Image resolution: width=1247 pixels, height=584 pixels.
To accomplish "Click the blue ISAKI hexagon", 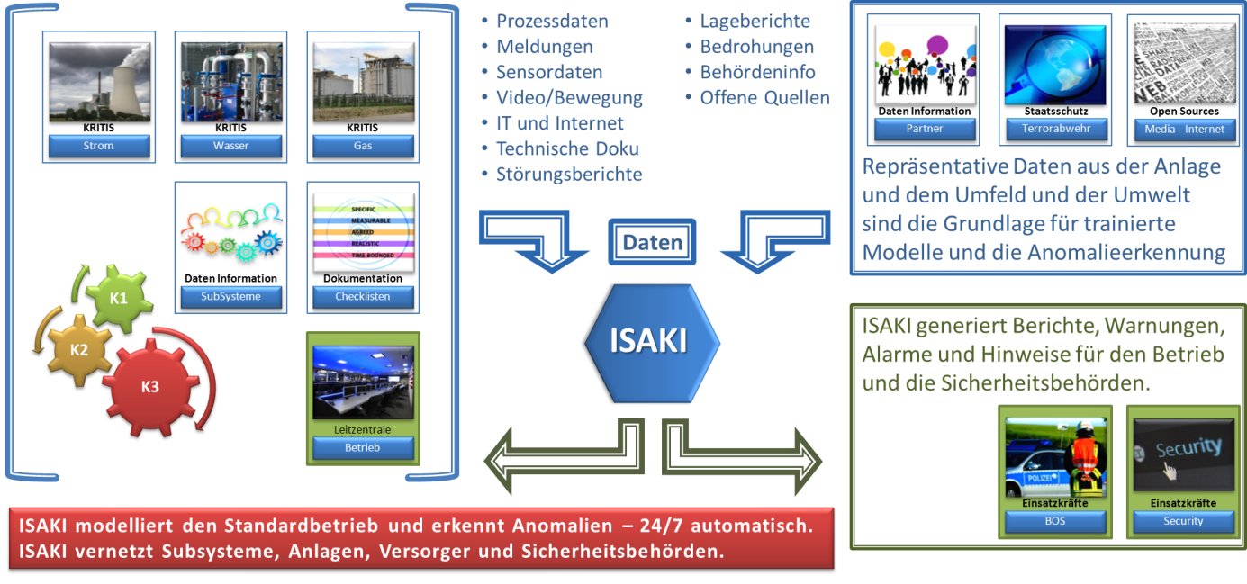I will click(652, 342).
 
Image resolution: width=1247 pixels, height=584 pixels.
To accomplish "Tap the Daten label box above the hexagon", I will click(652, 242).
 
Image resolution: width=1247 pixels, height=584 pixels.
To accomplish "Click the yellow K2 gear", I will click(79, 349).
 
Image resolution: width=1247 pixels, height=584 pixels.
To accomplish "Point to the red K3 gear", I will click(149, 388).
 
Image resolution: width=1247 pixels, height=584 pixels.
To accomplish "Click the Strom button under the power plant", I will click(99, 146).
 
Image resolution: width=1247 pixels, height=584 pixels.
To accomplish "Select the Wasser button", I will click(230, 146).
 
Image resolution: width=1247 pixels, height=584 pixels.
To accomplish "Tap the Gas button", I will click(363, 146).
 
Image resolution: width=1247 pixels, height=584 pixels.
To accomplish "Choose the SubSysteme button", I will click(230, 296).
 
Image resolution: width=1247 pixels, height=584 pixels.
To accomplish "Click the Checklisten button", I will click(363, 296).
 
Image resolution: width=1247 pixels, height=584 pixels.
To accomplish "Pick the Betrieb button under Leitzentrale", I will click(363, 447).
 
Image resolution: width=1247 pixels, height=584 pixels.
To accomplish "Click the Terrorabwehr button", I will click(1056, 129).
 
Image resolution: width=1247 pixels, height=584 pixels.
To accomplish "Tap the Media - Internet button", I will click(1185, 129).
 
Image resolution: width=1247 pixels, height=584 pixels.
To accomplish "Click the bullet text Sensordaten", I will click(549, 72).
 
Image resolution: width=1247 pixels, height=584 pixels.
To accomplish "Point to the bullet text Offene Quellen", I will click(764, 97).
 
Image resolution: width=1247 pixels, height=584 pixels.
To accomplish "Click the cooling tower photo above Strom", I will click(99, 79).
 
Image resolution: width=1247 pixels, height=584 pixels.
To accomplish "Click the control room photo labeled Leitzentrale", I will click(363, 382).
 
